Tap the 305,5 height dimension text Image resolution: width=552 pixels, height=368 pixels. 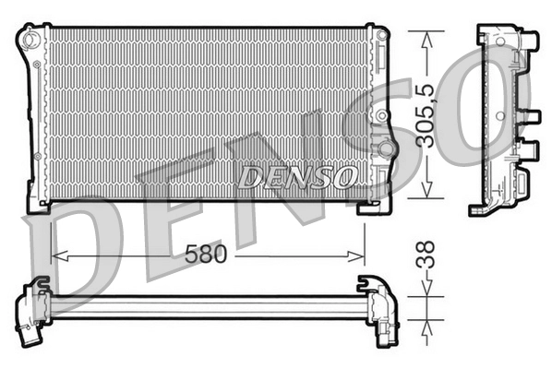tap(425, 114)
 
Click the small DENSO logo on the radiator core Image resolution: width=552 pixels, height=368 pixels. tap(296, 176)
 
